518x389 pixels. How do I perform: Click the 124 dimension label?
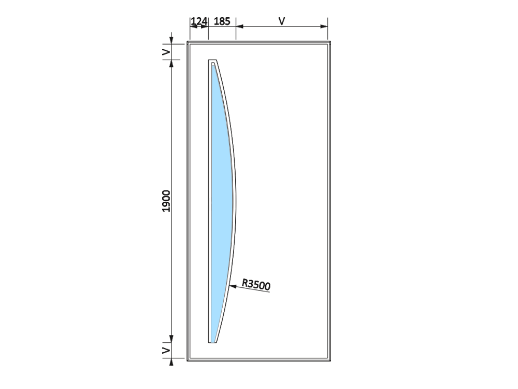199,21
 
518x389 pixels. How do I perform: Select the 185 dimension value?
222,21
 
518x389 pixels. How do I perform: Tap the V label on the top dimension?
281,21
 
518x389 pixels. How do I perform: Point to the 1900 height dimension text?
166,201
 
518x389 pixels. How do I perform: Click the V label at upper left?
166,52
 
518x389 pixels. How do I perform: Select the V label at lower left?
166,350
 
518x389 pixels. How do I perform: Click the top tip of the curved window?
212,60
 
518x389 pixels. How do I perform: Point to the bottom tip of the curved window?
212,342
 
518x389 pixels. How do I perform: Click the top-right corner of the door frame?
330,41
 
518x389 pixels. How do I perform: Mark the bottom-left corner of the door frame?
188,360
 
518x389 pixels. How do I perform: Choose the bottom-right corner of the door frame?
330,360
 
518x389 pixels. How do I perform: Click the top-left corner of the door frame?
188,41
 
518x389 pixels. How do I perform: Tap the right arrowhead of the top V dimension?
324,26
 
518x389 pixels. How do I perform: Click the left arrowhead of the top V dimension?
240,26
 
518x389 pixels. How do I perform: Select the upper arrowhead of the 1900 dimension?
171,64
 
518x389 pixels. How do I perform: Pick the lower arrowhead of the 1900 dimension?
171,338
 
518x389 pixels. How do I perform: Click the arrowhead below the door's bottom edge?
171,362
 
